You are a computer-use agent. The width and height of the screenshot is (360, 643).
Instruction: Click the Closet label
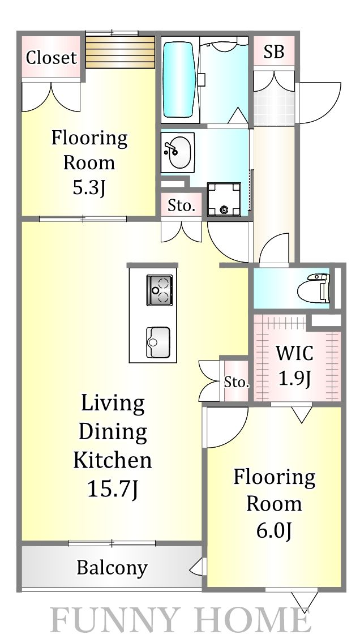tap(52, 58)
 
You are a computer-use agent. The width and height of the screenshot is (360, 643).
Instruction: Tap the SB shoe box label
tap(274, 52)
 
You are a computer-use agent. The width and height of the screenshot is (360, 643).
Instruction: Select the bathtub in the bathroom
tap(179, 79)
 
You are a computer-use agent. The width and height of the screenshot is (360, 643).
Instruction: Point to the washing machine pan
tap(224, 199)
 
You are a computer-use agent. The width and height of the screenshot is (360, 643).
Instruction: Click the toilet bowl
tap(319, 286)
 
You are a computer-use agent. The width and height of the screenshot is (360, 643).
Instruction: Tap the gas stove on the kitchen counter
tap(159, 290)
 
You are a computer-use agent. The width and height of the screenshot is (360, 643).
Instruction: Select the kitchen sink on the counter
tap(158, 342)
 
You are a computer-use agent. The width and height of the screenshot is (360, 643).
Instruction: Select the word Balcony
tap(112, 568)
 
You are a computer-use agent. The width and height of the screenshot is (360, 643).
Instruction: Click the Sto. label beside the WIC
tap(237, 383)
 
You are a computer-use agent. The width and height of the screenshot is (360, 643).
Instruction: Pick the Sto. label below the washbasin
tap(181, 206)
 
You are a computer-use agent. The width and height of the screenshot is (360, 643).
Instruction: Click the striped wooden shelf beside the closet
tap(120, 53)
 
